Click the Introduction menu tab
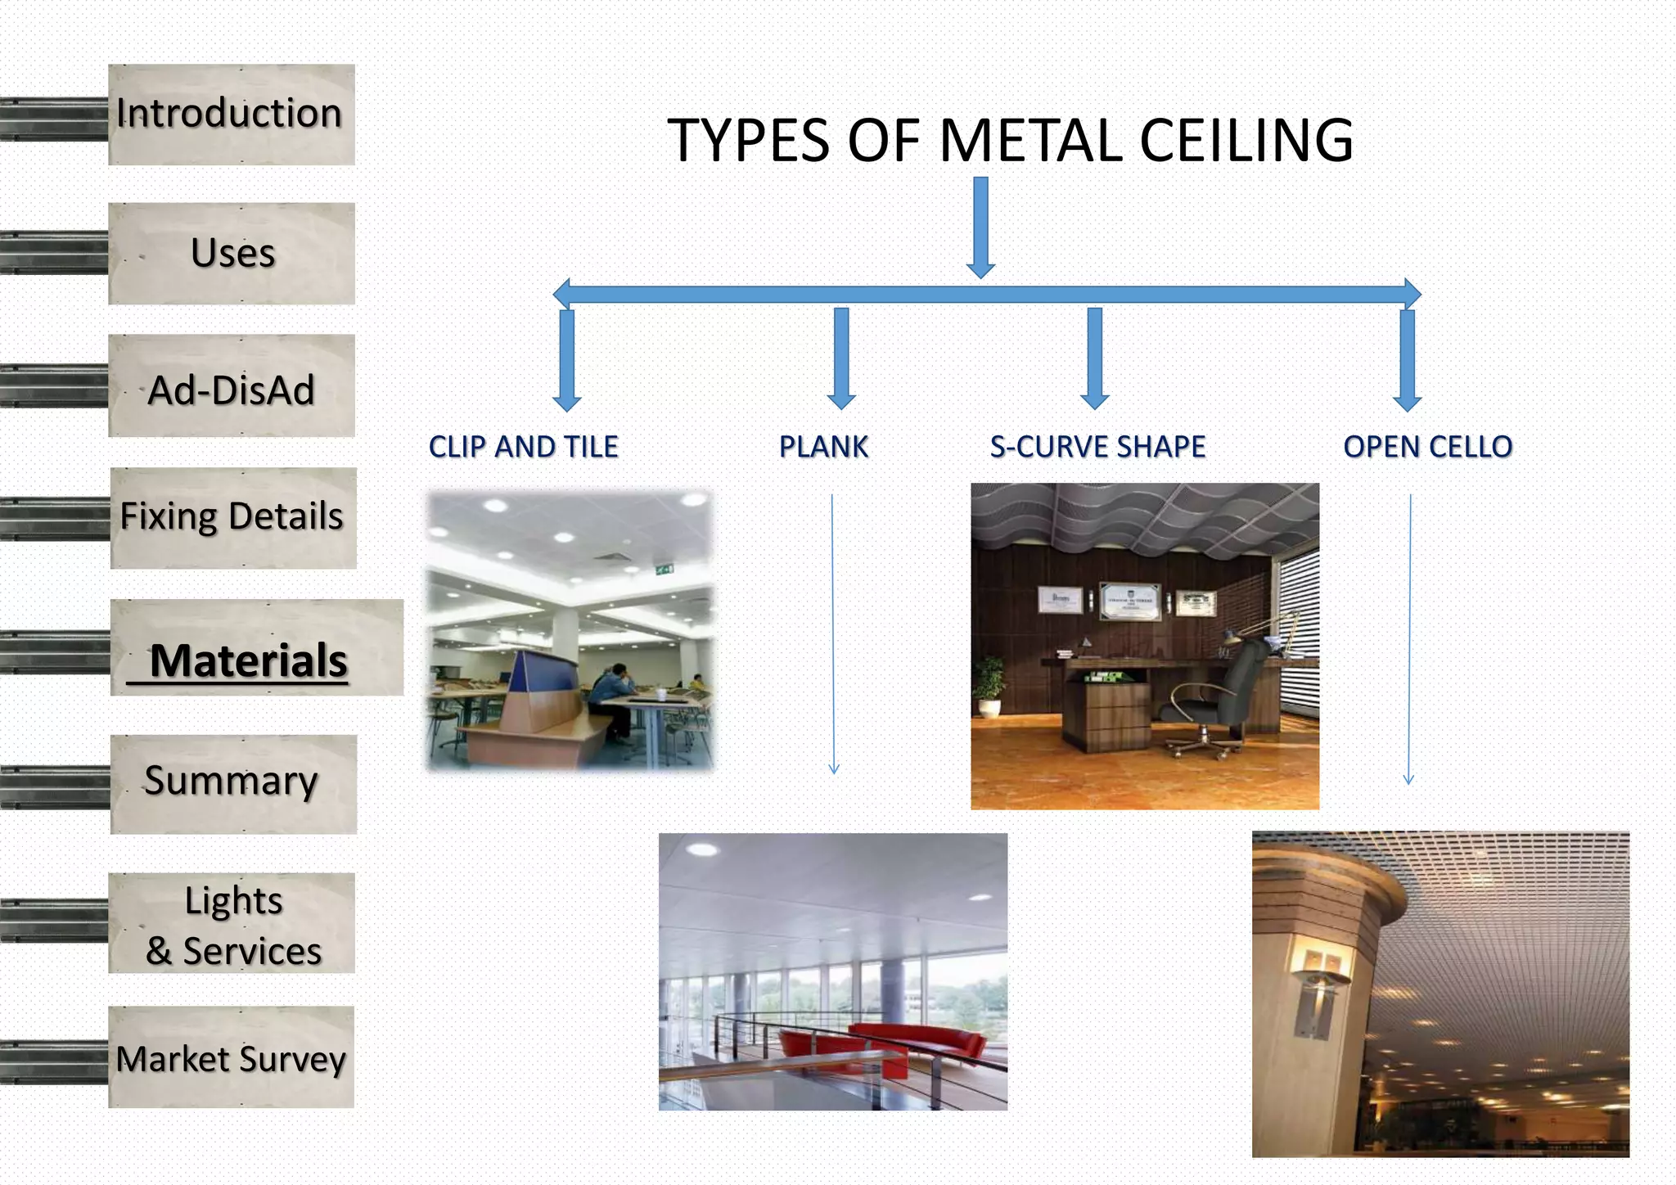(x=231, y=115)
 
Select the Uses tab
(x=232, y=254)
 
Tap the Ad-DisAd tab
(x=232, y=390)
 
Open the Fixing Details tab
(x=232, y=517)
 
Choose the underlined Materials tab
(x=249, y=660)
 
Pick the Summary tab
(x=232, y=782)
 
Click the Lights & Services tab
(x=232, y=925)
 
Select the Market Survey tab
(x=231, y=1059)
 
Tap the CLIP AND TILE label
(x=524, y=447)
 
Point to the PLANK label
(x=823, y=447)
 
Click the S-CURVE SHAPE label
(x=1097, y=447)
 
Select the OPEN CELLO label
(x=1428, y=447)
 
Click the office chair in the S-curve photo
(x=1219, y=692)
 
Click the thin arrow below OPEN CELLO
(x=1409, y=638)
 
